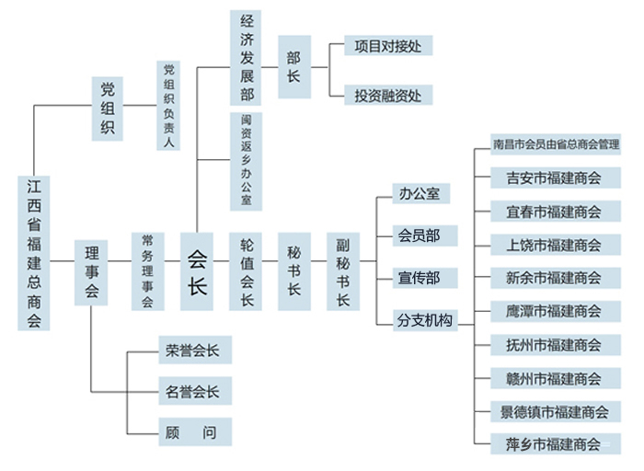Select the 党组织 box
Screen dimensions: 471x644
click(x=108, y=108)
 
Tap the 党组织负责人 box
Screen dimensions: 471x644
click(x=168, y=106)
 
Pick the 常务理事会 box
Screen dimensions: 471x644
click(x=147, y=271)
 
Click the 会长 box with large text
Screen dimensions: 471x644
click(x=197, y=271)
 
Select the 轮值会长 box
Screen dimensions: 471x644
click(x=247, y=271)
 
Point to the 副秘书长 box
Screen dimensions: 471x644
click(x=342, y=272)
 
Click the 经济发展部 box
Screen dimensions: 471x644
click(x=247, y=57)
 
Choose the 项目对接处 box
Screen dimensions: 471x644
click(x=387, y=45)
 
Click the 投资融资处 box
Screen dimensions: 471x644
click(x=387, y=94)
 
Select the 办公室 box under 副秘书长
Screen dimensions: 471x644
click(x=418, y=194)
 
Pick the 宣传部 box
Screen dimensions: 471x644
click(x=418, y=278)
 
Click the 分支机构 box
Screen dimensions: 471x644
click(x=423, y=319)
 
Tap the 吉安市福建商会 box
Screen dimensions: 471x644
click(x=553, y=178)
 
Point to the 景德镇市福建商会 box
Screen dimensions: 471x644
click(x=553, y=411)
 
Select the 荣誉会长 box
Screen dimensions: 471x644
click(x=192, y=350)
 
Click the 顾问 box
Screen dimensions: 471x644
click(x=192, y=431)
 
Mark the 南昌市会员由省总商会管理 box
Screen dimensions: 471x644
click(x=556, y=144)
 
